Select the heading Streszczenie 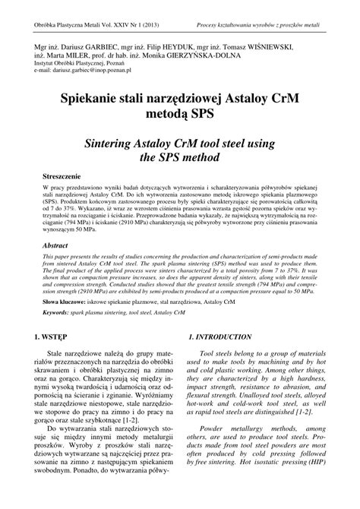(62, 175)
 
